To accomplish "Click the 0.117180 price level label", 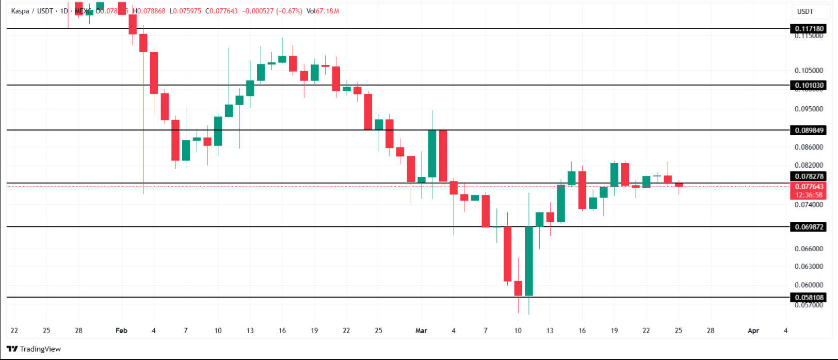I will [x=809, y=29].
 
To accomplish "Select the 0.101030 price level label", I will [x=809, y=86].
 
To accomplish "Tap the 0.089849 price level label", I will [x=809, y=130].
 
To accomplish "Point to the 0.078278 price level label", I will [x=809, y=176].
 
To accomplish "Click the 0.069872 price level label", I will [x=809, y=227].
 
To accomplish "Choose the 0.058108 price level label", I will [x=809, y=298].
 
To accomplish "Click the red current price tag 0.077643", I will [x=809, y=190].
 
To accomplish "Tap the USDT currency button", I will [x=805, y=11].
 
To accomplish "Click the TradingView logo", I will [x=34, y=349].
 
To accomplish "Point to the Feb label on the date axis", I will [x=121, y=331].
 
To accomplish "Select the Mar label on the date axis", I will [x=421, y=331].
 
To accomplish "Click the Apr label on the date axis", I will [x=753, y=331].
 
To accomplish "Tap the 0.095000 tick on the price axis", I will [x=809, y=109].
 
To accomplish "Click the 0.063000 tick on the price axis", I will [x=809, y=267].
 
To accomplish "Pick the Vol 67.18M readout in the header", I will [x=323, y=11].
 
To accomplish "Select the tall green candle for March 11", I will [x=529, y=260].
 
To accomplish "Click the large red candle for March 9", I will [x=507, y=254].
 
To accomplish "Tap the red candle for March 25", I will [x=679, y=185].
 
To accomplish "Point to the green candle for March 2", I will [x=432, y=154].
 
